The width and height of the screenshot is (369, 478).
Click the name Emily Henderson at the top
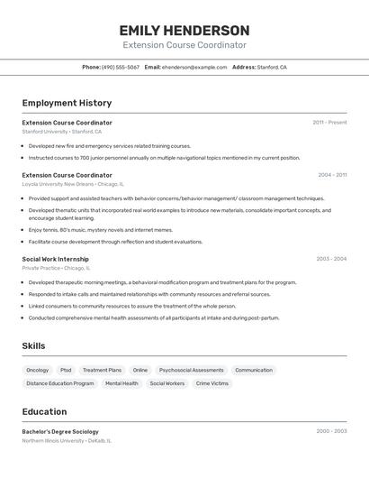click(x=184, y=30)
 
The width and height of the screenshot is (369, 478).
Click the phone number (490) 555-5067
click(x=121, y=68)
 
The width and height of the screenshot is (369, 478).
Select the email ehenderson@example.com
click(x=194, y=68)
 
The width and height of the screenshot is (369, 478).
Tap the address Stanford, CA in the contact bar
click(x=272, y=68)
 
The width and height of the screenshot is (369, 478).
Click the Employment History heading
click(x=67, y=104)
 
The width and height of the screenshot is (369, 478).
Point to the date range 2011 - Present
click(x=329, y=123)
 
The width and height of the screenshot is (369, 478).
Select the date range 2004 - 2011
click(x=332, y=175)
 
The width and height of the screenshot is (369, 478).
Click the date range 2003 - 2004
click(x=331, y=259)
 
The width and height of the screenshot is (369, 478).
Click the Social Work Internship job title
click(x=56, y=259)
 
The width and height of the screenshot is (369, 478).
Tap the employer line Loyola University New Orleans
click(x=58, y=184)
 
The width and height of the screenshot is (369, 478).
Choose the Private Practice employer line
click(x=41, y=268)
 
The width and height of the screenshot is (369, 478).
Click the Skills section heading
click(x=34, y=346)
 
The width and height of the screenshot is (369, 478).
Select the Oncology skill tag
click(x=38, y=370)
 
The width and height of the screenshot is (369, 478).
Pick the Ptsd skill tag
click(x=66, y=370)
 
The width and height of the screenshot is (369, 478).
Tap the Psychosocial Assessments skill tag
click(x=192, y=370)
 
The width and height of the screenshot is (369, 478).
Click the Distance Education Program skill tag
click(x=60, y=383)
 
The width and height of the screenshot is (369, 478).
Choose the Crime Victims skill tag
click(x=212, y=383)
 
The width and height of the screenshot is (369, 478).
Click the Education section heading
click(x=44, y=411)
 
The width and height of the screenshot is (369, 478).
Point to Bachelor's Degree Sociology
click(x=60, y=431)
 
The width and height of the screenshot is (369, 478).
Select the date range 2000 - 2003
click(x=331, y=431)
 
